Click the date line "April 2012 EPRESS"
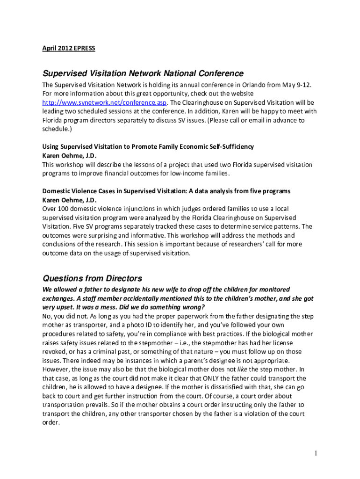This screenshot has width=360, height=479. coord(69,48)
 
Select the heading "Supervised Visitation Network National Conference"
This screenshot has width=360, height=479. coord(143,73)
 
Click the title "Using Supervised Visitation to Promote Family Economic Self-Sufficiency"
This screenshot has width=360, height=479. coord(148,146)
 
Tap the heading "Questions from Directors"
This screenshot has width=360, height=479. coord(92,278)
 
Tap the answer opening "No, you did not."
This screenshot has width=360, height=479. coord(66,316)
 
